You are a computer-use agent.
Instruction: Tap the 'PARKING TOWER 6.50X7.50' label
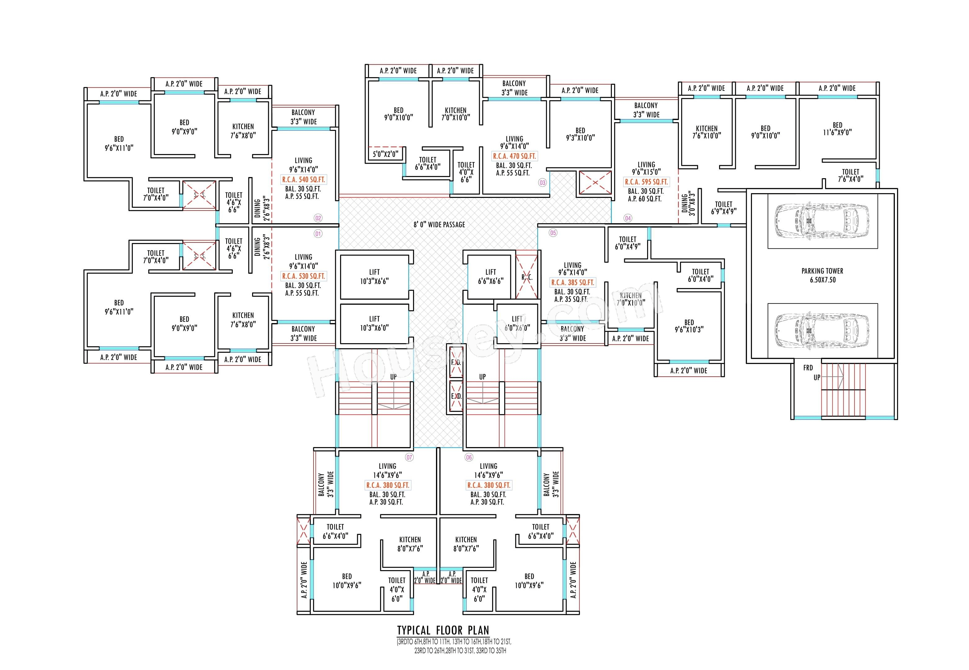[822, 275]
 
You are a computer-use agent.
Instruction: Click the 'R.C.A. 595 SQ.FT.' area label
[646, 182]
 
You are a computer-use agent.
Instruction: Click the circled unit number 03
[542, 183]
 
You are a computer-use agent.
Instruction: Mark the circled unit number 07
[409, 457]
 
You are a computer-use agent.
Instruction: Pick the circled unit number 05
[553, 233]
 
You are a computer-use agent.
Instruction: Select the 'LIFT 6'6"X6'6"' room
[490, 277]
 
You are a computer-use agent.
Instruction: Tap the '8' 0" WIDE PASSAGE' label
[439, 224]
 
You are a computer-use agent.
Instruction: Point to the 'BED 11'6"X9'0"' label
[837, 128]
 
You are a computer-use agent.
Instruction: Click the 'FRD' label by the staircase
[808, 368]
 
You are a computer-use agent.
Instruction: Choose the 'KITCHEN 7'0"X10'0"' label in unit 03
[456, 114]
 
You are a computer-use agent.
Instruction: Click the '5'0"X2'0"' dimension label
[385, 154]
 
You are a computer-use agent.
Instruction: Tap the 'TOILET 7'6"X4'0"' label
[851, 175]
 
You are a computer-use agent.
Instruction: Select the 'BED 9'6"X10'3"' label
[689, 326]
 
